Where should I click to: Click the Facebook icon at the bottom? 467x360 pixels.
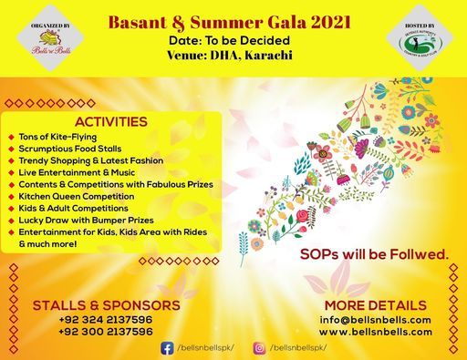[168, 348]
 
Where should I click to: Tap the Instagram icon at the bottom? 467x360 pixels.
[258, 348]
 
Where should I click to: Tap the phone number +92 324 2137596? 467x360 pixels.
[93, 320]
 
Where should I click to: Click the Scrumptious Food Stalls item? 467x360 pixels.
[72, 148]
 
